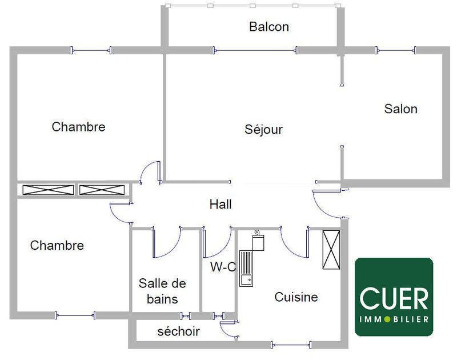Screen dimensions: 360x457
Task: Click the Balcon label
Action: tap(269, 27)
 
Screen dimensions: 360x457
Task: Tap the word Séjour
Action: tap(263, 130)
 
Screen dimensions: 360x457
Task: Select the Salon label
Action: tap(400, 109)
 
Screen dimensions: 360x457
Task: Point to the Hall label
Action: tap(221, 204)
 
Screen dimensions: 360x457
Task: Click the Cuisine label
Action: tap(296, 297)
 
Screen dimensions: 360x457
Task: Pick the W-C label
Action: tap(223, 267)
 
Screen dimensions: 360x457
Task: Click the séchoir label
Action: tap(178, 331)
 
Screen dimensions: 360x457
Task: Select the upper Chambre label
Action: tap(78, 127)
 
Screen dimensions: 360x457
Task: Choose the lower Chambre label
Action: tap(57, 246)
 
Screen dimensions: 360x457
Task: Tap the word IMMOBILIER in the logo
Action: tap(394, 318)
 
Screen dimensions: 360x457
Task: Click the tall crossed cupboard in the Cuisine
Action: tap(331, 249)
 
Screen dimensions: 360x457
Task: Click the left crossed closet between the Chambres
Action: tap(47, 190)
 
